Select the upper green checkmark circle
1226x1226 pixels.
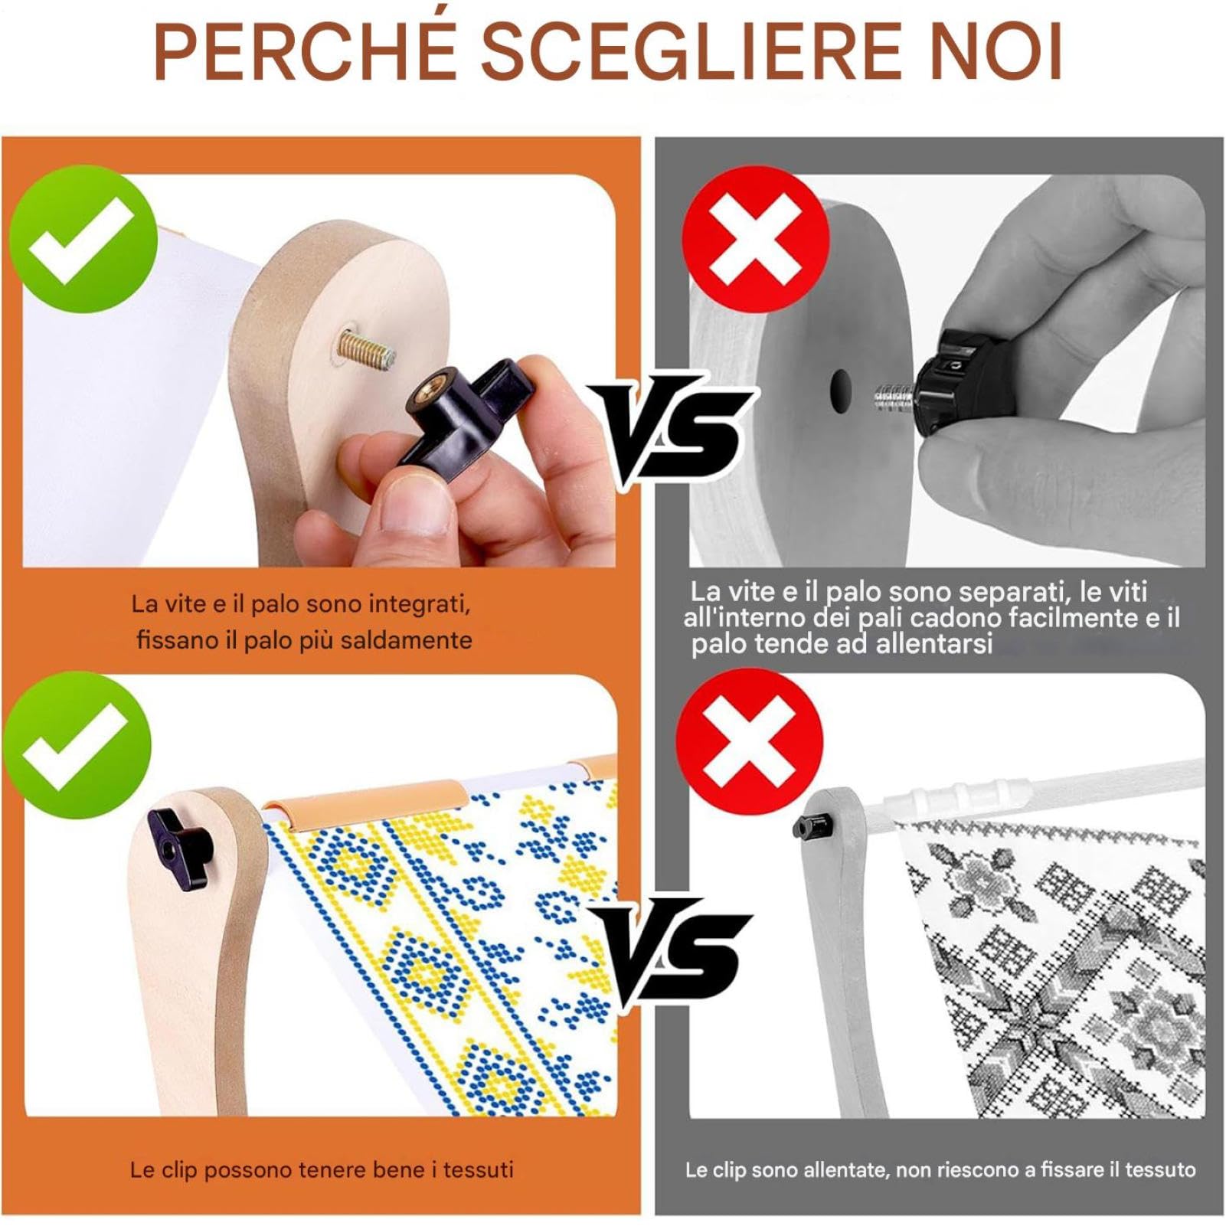[x=83, y=238]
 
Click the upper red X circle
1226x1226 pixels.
[x=757, y=238]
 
